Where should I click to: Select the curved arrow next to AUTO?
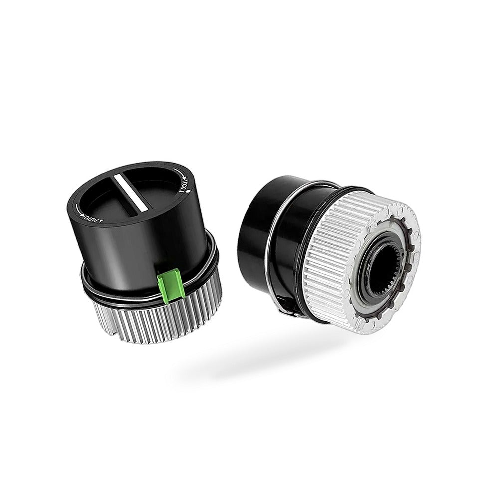[x=79, y=211]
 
